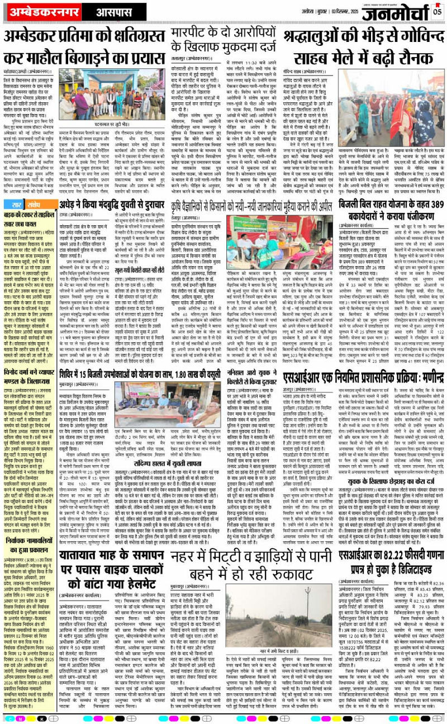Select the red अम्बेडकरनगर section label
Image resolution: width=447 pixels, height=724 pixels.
point(37,11)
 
